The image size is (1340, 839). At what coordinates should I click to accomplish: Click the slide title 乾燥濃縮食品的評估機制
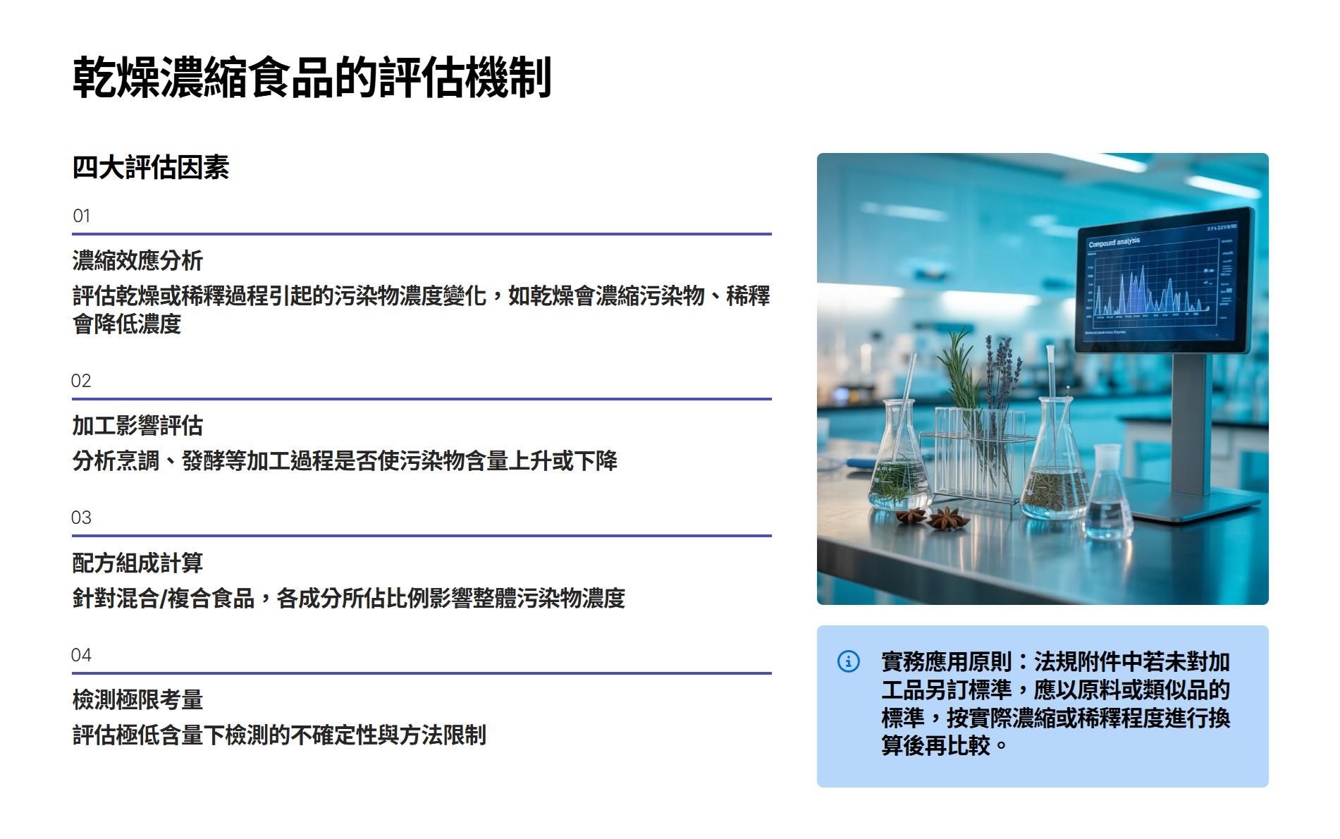(x=312, y=77)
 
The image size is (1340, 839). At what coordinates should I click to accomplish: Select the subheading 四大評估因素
(x=151, y=168)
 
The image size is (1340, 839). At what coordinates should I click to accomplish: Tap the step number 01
(x=81, y=216)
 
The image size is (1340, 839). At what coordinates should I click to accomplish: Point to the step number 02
(x=81, y=381)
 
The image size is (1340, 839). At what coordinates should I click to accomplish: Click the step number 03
(x=81, y=518)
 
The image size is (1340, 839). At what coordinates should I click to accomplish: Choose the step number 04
(x=81, y=655)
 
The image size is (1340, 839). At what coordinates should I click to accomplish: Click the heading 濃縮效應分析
(x=137, y=260)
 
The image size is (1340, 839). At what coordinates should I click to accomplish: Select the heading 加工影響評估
(x=137, y=425)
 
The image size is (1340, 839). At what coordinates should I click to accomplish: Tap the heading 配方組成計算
(x=137, y=563)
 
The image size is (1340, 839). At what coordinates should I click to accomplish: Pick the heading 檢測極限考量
(x=137, y=699)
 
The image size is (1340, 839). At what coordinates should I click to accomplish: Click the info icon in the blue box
(x=848, y=661)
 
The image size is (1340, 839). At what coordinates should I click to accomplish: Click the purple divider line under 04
(x=422, y=673)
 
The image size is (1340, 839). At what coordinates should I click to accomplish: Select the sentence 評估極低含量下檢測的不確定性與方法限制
(x=279, y=735)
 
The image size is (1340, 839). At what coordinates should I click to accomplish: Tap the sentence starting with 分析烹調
(x=345, y=460)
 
